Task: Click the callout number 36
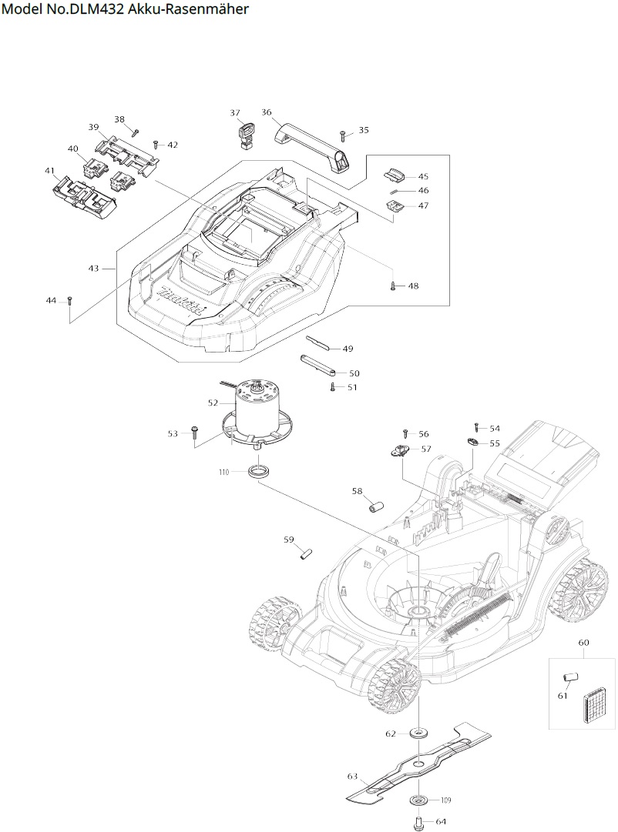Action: (x=267, y=112)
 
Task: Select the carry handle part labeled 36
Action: (x=311, y=142)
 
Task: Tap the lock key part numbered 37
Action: (x=245, y=132)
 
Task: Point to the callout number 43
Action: (x=94, y=269)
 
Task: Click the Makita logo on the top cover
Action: (x=182, y=302)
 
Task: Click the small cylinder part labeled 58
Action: (x=375, y=507)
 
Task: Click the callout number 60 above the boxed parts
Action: (x=583, y=642)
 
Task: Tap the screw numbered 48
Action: (x=394, y=286)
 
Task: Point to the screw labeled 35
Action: (x=343, y=137)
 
